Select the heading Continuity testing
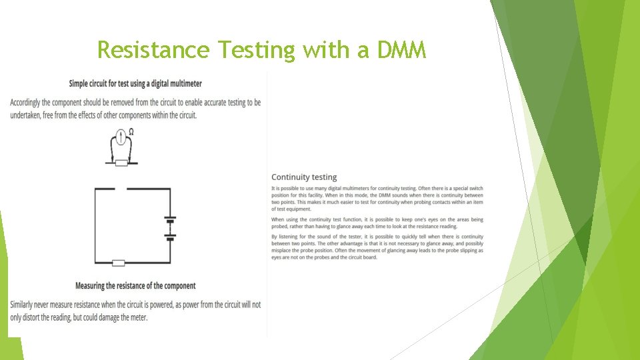point(304,177)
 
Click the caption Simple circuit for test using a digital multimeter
point(135,83)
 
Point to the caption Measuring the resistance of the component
point(135,286)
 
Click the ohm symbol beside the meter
point(131,132)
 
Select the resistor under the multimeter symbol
point(121,162)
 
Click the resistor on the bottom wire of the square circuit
point(119,263)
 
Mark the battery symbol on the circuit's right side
point(170,227)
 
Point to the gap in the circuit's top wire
point(121,189)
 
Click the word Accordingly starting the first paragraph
point(29,102)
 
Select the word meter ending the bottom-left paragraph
point(138,317)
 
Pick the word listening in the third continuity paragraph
point(287,237)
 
